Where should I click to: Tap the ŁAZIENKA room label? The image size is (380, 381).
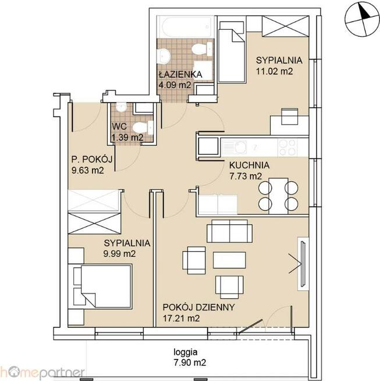(180, 75)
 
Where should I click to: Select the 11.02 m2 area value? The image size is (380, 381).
(274, 71)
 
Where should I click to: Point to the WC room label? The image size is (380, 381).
(119, 126)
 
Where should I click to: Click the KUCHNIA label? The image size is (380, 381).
(249, 165)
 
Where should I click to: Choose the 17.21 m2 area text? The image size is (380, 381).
(181, 318)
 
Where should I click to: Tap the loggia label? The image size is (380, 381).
(186, 352)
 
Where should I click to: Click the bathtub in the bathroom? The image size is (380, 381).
(186, 27)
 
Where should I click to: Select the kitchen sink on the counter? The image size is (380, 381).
(235, 147)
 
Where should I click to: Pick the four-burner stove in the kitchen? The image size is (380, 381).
(288, 147)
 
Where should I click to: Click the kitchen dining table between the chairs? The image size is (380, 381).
(278, 196)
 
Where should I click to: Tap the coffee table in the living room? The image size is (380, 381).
(229, 260)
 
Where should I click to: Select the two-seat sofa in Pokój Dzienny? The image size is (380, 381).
(229, 231)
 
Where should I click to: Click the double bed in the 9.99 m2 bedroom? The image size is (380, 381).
(102, 286)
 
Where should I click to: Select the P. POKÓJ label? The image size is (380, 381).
(92, 160)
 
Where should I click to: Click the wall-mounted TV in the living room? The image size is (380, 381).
(303, 263)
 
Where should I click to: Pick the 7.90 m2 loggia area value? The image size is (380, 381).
(190, 363)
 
